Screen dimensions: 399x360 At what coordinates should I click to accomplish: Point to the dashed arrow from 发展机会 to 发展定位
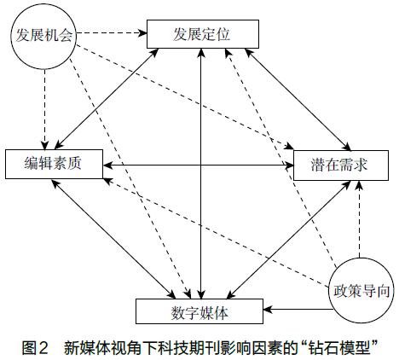tap(112, 33)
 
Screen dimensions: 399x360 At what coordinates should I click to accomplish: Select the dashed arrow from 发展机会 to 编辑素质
tap(44, 109)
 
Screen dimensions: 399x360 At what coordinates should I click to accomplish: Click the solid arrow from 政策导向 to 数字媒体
tap(298, 309)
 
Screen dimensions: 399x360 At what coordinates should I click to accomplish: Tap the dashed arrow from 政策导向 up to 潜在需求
tap(360, 219)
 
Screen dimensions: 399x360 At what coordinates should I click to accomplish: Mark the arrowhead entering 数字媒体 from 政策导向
tap(268, 309)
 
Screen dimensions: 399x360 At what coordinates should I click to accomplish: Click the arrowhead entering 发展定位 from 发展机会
tap(142, 33)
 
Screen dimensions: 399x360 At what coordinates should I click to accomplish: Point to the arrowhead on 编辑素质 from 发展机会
tap(44, 145)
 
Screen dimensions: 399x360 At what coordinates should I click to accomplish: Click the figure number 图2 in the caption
tap(35, 347)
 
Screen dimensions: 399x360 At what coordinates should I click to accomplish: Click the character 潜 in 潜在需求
tap(318, 165)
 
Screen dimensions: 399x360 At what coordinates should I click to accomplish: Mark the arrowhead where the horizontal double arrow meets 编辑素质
tap(107, 165)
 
